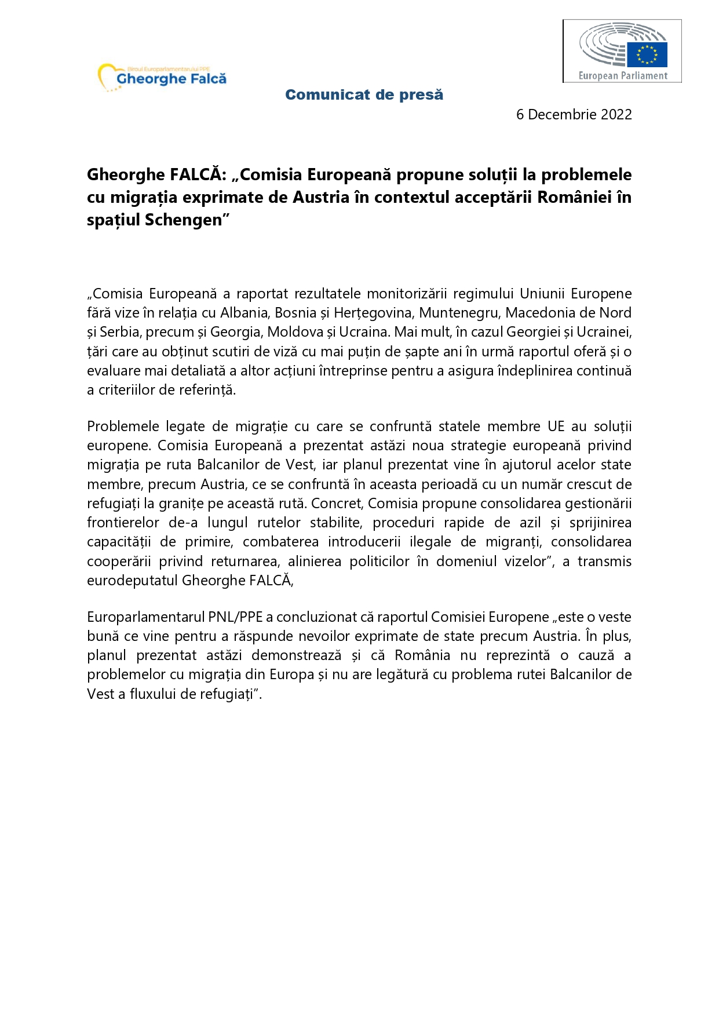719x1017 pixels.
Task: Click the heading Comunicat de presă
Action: [x=364, y=94]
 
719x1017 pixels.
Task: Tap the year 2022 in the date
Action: [x=616, y=115]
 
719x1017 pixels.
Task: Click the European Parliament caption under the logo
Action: [x=623, y=75]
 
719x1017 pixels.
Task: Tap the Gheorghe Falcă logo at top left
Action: [x=163, y=78]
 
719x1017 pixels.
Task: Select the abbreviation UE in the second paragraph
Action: [x=556, y=427]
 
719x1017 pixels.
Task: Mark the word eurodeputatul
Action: [x=133, y=581]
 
